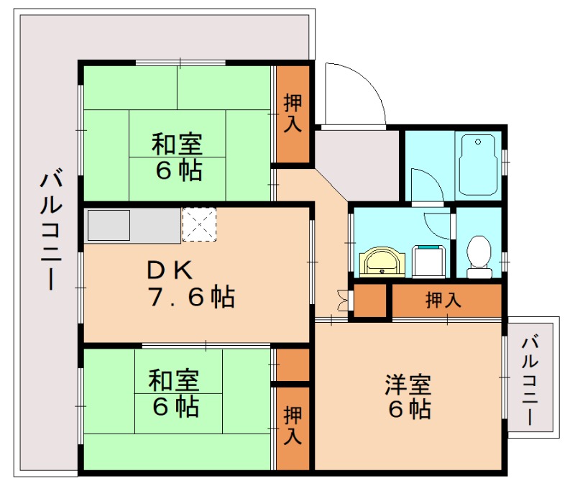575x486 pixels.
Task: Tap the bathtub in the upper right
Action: [x=479, y=164]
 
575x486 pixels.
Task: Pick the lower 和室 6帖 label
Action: [x=175, y=394]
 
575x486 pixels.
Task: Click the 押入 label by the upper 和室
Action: [x=293, y=112]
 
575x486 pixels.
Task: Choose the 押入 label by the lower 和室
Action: [x=293, y=426]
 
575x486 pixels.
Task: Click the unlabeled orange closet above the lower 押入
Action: [x=293, y=365]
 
